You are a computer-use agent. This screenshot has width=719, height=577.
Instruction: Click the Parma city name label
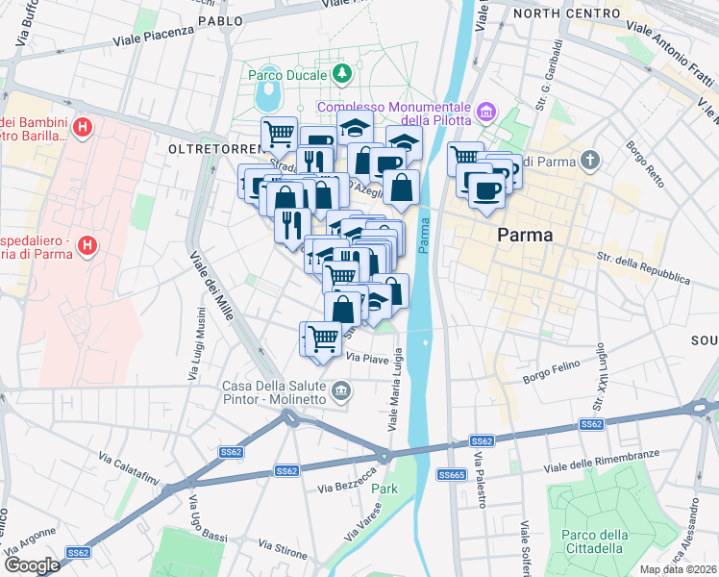pyautogui.click(x=525, y=236)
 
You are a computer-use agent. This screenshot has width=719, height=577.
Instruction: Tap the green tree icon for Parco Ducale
pyautogui.click(x=341, y=73)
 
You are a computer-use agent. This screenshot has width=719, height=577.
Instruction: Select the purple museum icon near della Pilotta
pyautogui.click(x=486, y=114)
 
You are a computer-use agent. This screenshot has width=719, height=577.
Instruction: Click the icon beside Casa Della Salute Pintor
pyautogui.click(x=341, y=390)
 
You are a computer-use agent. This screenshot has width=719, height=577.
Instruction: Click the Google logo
pyautogui.click(x=32, y=564)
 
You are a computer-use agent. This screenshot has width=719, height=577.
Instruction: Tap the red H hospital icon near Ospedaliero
pyautogui.click(x=87, y=246)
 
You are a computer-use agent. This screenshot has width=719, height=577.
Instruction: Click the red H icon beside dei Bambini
pyautogui.click(x=84, y=126)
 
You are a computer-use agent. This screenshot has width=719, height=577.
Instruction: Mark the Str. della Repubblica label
pyautogui.click(x=643, y=268)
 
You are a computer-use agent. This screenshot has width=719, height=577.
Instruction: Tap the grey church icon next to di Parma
pyautogui.click(x=592, y=159)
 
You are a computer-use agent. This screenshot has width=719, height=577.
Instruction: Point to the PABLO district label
pyautogui.click(x=220, y=20)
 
